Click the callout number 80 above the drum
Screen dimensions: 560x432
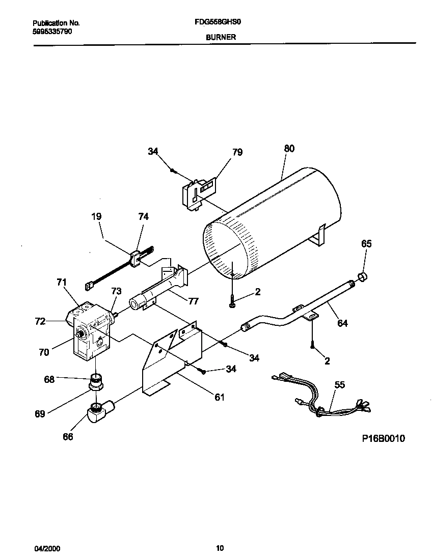[289, 149]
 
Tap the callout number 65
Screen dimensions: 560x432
[366, 244]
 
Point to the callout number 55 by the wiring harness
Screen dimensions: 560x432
[339, 385]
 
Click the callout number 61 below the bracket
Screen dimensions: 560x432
[219, 397]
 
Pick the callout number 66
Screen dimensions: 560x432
[67, 436]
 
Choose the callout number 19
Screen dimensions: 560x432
[96, 216]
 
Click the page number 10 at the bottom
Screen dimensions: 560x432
[220, 548]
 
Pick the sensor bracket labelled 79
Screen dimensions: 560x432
[199, 192]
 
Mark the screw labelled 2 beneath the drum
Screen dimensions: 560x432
[232, 298]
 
